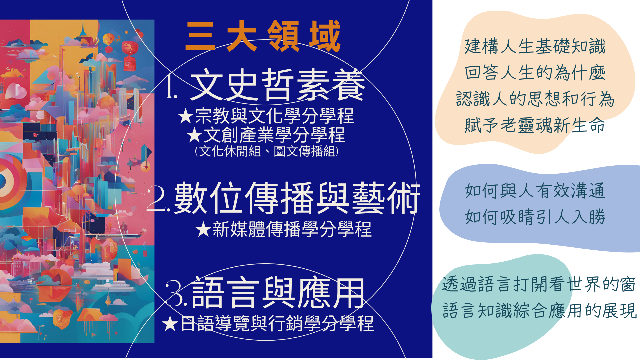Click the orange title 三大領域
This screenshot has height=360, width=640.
click(263, 36)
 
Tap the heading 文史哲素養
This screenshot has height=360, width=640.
click(277, 85)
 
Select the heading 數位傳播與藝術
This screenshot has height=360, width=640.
click(297, 198)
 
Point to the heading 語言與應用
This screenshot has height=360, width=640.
click(278, 293)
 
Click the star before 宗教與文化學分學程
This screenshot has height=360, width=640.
click(186, 116)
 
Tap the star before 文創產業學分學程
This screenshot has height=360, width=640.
click(195, 135)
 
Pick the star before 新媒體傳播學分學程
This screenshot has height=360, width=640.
click(203, 229)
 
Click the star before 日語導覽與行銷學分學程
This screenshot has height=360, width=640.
click(170, 324)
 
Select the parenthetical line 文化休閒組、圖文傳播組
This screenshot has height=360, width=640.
click(267, 151)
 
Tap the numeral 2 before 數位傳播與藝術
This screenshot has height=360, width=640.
click(158, 199)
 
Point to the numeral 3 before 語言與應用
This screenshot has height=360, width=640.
click(176, 293)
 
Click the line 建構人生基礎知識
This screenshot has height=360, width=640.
click(535, 46)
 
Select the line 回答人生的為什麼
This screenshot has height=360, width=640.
click(535, 73)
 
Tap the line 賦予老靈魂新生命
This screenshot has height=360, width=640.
click(535, 125)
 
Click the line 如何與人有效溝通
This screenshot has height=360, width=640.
click(535, 191)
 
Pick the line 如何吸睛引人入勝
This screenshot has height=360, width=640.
click(535, 217)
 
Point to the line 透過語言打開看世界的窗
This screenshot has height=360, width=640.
click(539, 284)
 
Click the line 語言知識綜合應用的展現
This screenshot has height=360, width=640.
click(539, 311)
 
